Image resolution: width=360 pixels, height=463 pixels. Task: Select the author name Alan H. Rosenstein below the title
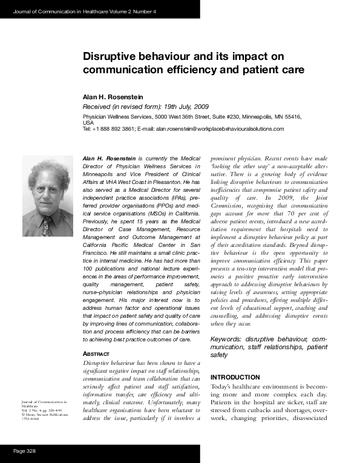tap(116, 97)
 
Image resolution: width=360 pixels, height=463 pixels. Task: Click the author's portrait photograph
tap(47, 197)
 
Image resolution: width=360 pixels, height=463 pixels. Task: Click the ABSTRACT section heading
tap(95, 353)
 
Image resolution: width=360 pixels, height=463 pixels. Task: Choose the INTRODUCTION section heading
tap(235, 377)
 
